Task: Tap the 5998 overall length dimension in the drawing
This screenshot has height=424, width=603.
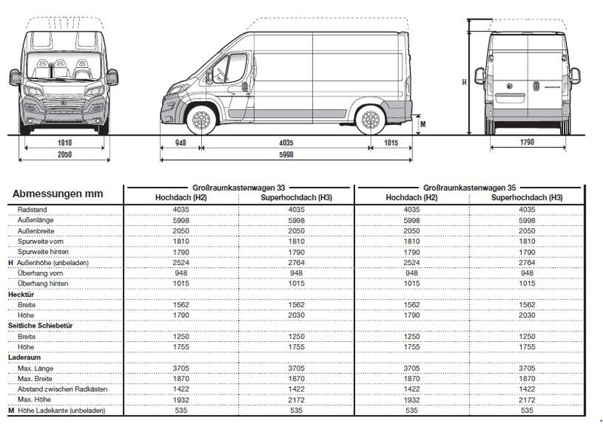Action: [286, 154]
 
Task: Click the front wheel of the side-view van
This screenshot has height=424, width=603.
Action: [200, 121]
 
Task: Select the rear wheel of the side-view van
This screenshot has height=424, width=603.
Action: [369, 121]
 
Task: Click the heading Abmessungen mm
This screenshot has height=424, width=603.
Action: [57, 194]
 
